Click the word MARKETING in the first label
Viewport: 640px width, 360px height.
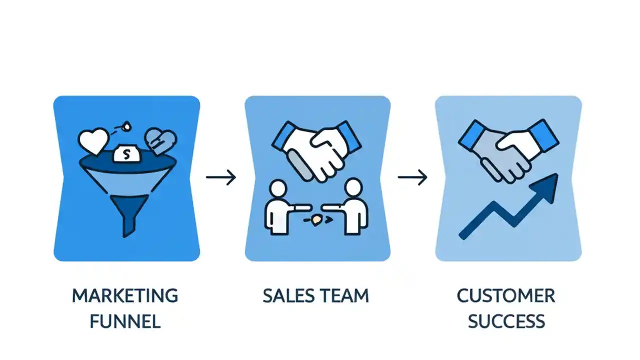tap(125, 295)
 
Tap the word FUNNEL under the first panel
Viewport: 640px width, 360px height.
tap(125, 321)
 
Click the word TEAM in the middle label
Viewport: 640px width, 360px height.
tap(344, 295)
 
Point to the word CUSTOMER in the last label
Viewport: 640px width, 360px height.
tap(506, 295)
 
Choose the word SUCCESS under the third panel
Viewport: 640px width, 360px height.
tap(506, 321)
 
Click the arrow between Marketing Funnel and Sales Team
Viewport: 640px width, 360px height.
tap(221, 177)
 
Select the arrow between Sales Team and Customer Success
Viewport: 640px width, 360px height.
tap(413, 177)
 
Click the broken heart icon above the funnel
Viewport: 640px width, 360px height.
tap(159, 142)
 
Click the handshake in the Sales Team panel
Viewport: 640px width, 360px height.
tap(316, 147)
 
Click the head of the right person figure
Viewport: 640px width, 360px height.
tap(353, 189)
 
